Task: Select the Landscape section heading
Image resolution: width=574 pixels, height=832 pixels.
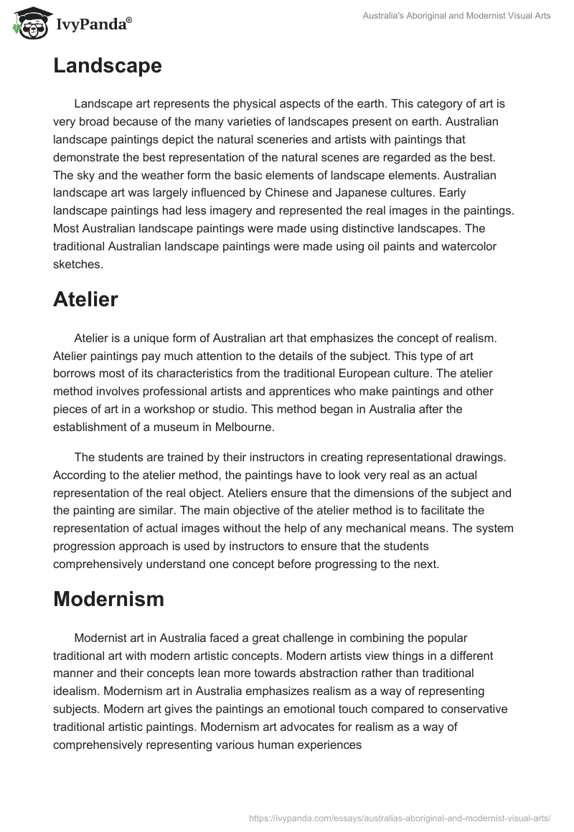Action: [x=107, y=66]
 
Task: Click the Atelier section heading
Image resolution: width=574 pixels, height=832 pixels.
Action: [x=85, y=300]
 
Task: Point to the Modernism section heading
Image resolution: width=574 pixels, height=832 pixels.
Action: [x=108, y=600]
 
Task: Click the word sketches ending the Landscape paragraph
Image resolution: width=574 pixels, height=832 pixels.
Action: [x=77, y=263]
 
